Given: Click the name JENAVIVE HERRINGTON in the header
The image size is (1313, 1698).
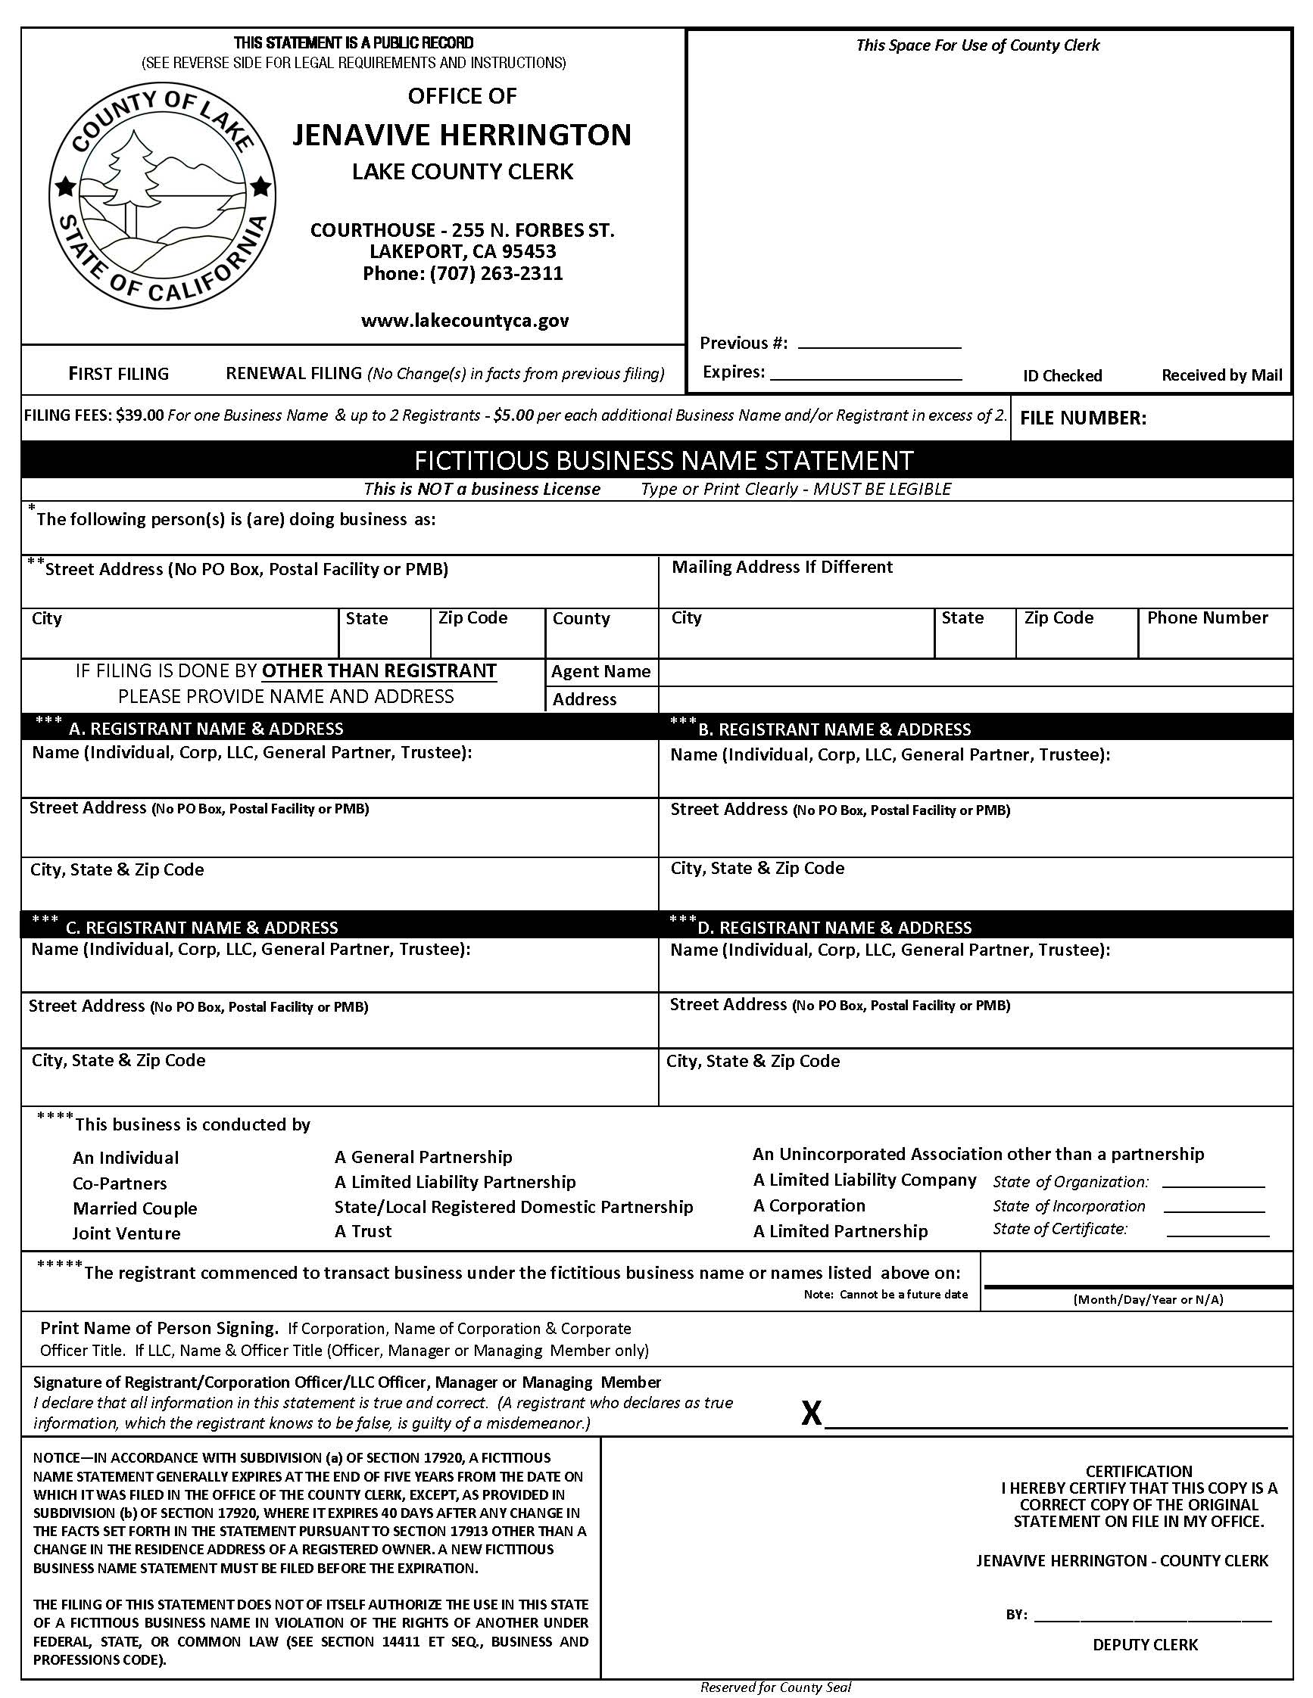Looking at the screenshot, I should pyautogui.click(x=461, y=135).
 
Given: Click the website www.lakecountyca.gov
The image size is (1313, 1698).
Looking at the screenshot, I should pyautogui.click(x=464, y=321).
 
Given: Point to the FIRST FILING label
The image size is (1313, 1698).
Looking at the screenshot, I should pyautogui.click(x=118, y=374).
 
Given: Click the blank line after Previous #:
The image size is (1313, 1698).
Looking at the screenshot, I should pyautogui.click(x=879, y=343).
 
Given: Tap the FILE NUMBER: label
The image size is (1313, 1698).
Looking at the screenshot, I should pyautogui.click(x=1083, y=418).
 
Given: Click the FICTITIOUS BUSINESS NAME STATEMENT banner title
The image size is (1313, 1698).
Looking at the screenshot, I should pyautogui.click(x=663, y=461).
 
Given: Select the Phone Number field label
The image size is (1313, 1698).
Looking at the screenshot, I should pyautogui.click(x=1206, y=618).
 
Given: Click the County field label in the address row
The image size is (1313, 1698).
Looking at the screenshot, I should pyautogui.click(x=580, y=619).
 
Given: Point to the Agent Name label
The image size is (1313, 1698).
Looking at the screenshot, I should pyautogui.click(x=600, y=672).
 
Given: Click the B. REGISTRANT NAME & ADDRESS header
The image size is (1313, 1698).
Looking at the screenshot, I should pyautogui.click(x=834, y=729).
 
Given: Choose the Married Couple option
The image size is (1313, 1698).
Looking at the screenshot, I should pyautogui.click(x=135, y=1208).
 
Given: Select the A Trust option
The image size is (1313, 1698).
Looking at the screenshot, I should pyautogui.click(x=363, y=1232).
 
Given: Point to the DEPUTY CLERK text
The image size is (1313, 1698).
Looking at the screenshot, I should pyautogui.click(x=1144, y=1644).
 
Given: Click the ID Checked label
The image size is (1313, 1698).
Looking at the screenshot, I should pyautogui.click(x=1062, y=375).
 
